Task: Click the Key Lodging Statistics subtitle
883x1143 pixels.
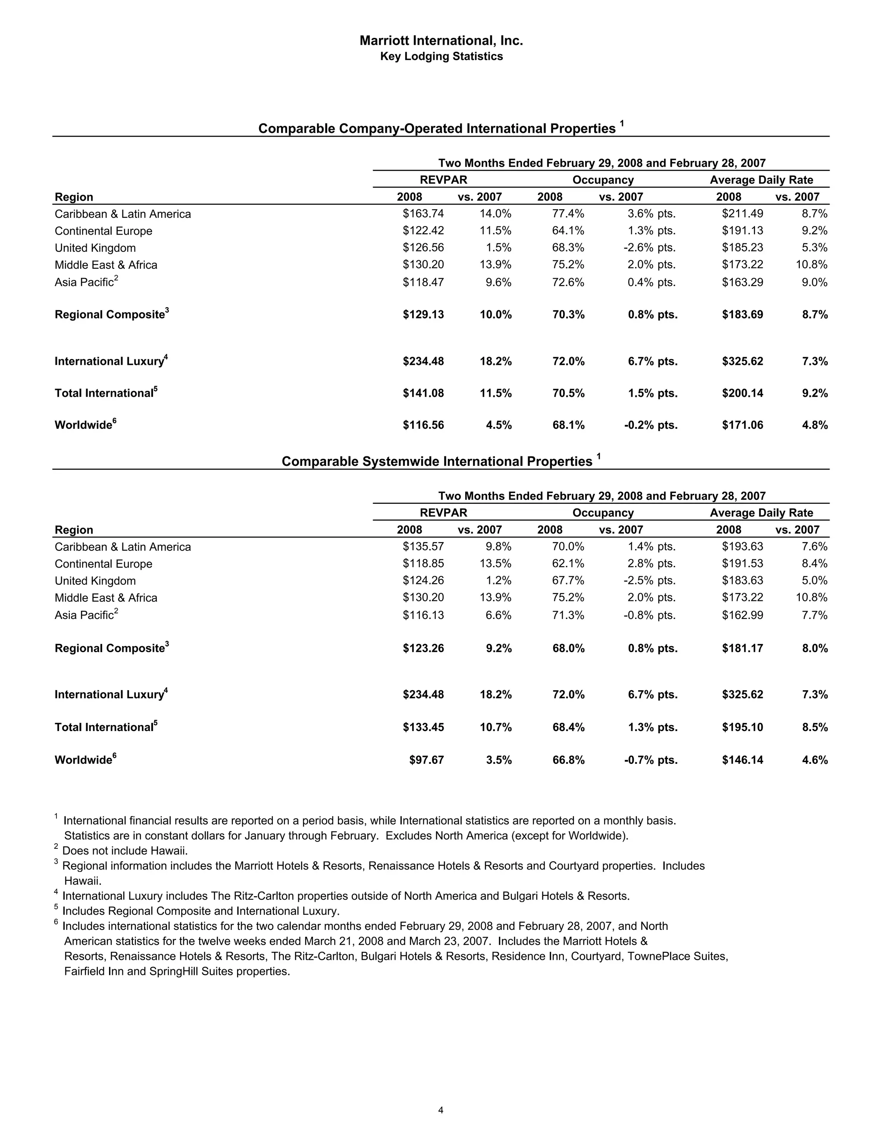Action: pos(441,57)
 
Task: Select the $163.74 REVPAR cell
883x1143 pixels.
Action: pos(423,214)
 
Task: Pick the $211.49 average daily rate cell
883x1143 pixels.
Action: pos(742,214)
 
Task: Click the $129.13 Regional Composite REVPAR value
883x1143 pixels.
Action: pos(423,314)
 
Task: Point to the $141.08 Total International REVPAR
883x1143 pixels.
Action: pos(423,393)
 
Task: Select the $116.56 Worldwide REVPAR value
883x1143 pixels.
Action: pos(423,425)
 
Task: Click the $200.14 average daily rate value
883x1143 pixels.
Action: pos(742,393)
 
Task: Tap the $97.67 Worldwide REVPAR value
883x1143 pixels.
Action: pos(426,760)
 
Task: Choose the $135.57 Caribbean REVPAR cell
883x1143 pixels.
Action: pos(423,546)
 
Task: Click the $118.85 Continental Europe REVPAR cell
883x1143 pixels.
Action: pos(423,564)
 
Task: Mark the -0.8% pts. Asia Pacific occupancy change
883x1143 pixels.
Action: pos(650,615)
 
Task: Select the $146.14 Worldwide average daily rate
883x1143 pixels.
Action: pos(742,760)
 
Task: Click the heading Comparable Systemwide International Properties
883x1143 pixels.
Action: pos(437,461)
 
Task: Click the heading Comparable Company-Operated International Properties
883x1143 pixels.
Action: pos(437,129)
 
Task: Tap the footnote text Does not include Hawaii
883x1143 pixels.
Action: pos(125,851)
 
